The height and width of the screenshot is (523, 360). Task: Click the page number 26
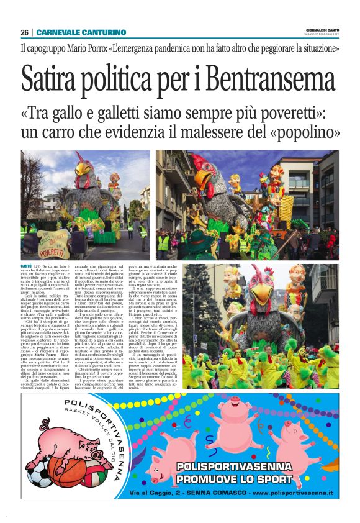click(24, 32)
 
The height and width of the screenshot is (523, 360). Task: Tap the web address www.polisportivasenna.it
click(292, 493)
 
